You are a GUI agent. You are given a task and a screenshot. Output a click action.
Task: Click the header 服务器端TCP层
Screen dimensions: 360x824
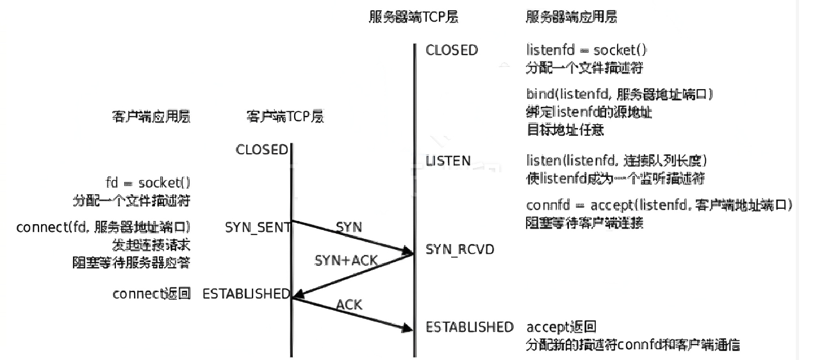point(411,17)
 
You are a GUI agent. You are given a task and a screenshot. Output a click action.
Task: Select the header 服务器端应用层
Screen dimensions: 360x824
point(570,17)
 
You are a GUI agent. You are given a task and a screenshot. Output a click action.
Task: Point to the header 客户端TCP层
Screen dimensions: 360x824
point(284,117)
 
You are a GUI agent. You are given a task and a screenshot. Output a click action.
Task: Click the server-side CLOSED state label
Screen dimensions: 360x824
point(452,50)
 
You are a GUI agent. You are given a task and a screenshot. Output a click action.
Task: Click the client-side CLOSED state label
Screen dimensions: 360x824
point(261,149)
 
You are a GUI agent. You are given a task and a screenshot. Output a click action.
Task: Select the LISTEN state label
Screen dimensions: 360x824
point(449,160)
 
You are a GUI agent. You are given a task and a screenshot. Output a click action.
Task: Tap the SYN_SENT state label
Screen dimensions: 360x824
point(258,227)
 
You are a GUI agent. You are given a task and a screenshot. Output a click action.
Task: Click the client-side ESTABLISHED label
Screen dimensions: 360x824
point(246,294)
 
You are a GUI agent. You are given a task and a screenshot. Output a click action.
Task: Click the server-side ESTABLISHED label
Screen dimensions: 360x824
point(470,327)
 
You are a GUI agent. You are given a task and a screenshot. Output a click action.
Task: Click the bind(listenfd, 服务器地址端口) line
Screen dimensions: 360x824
point(620,95)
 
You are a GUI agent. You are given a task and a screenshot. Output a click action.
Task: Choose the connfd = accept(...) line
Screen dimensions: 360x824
point(659,206)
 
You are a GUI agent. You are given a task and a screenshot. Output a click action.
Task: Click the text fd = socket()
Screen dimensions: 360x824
point(148,182)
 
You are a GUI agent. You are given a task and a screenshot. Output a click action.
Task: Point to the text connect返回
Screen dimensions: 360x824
point(151,294)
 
